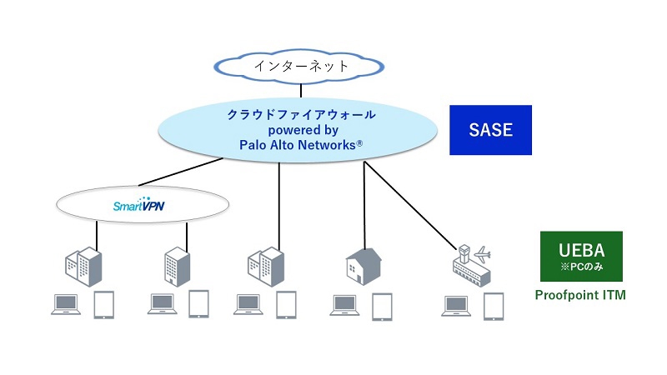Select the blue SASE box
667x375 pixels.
[490, 130]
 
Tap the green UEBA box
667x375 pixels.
[580, 256]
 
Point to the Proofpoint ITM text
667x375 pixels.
[580, 295]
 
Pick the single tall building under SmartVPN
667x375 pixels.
[177, 266]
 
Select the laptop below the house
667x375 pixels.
[345, 304]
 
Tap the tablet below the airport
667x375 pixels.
[494, 305]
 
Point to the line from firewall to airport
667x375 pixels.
[409, 205]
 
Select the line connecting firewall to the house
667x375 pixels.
[364, 204]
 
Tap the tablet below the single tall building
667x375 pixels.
[198, 304]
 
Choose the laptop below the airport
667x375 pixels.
[455, 304]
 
